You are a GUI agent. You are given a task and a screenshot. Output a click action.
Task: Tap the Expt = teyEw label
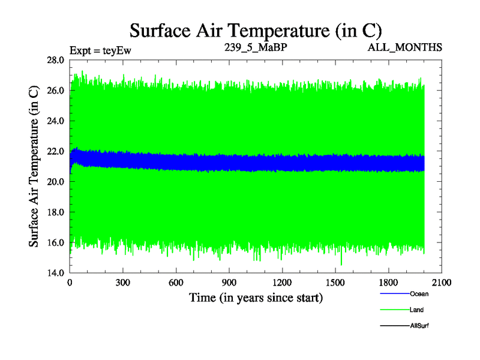[100, 50]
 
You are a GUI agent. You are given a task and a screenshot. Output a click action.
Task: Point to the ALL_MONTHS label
[406, 46]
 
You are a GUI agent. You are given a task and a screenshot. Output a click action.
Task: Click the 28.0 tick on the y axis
[56, 61]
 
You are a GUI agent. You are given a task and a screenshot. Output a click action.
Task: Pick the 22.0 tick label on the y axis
[56, 151]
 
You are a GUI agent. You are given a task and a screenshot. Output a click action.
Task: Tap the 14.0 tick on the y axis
[56, 273]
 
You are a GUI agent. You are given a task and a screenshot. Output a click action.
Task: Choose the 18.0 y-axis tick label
[56, 212]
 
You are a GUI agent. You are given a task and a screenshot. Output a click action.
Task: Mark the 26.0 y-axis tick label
[56, 91]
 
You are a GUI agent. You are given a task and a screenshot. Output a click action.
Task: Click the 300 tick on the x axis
[123, 283]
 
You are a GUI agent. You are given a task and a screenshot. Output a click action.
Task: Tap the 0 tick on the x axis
[70, 283]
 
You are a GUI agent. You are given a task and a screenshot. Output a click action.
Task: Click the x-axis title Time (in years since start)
[256, 297]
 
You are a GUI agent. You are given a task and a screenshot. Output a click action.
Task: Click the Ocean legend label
[419, 294]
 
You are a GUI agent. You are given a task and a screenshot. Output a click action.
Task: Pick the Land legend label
[417, 310]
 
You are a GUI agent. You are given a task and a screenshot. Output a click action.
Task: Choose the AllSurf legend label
[419, 326]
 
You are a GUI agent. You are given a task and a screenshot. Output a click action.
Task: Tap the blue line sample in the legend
[395, 294]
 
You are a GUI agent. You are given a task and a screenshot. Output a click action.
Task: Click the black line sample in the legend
[395, 326]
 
